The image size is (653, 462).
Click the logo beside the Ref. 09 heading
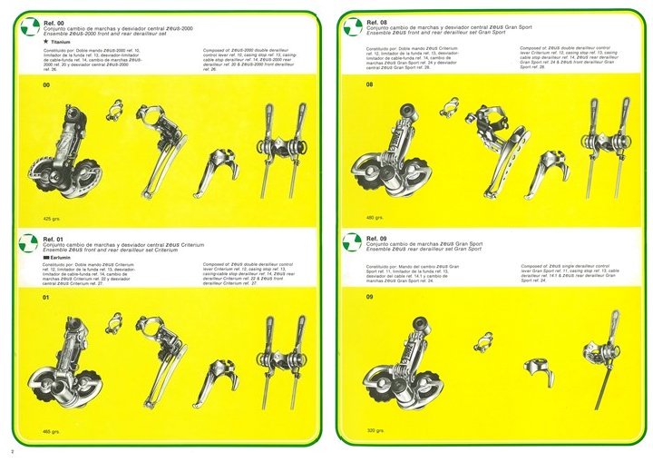point(354,242)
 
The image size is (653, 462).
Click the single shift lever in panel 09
point(609,354)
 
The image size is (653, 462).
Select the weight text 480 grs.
point(375,218)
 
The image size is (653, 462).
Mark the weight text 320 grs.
point(375,431)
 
